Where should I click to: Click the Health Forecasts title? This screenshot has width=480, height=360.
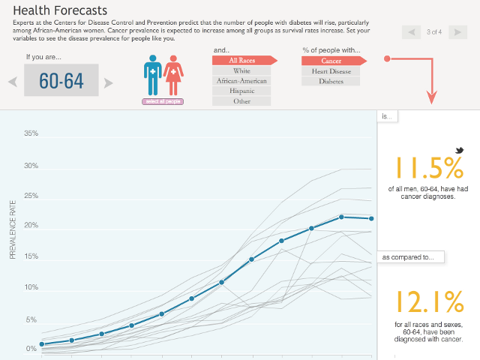pos(60,11)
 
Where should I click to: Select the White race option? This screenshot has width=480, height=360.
pos(241,70)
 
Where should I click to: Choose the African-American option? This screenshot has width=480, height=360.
pos(241,80)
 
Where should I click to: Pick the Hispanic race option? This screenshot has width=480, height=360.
pos(241,91)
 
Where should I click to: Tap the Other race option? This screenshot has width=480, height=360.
pos(241,100)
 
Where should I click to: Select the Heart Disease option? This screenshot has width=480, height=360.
pos(331,70)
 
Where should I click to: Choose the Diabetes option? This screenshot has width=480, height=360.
pos(331,81)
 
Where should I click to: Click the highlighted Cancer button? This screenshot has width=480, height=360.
pos(331,60)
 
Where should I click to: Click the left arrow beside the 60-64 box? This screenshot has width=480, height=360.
pos(13,82)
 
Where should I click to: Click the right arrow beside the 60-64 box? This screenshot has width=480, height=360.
pos(109,82)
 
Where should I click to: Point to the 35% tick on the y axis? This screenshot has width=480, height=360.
pos(31,134)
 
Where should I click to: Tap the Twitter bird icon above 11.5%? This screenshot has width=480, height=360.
pos(448,151)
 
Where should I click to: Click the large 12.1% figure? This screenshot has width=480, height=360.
pos(429,302)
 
